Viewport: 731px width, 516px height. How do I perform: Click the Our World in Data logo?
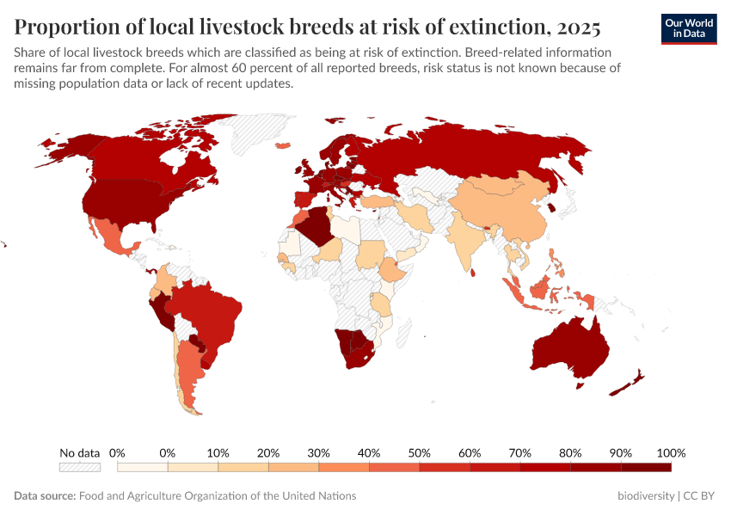688,28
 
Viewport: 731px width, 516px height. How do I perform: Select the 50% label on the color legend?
419,452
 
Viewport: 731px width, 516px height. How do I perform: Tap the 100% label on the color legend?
670,452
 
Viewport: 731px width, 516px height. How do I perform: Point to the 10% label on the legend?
218,452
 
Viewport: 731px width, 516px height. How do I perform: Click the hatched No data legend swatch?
80,467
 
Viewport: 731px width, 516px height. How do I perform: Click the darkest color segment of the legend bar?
646,467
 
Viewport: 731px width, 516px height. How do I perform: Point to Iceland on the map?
282,145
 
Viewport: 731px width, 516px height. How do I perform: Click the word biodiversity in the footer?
646,496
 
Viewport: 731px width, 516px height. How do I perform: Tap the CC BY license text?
700,496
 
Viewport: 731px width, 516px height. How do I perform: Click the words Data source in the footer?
44,496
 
